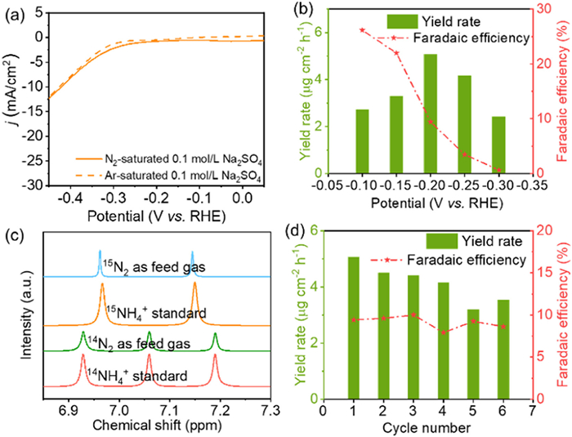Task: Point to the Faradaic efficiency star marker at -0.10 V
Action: [x=362, y=30]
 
